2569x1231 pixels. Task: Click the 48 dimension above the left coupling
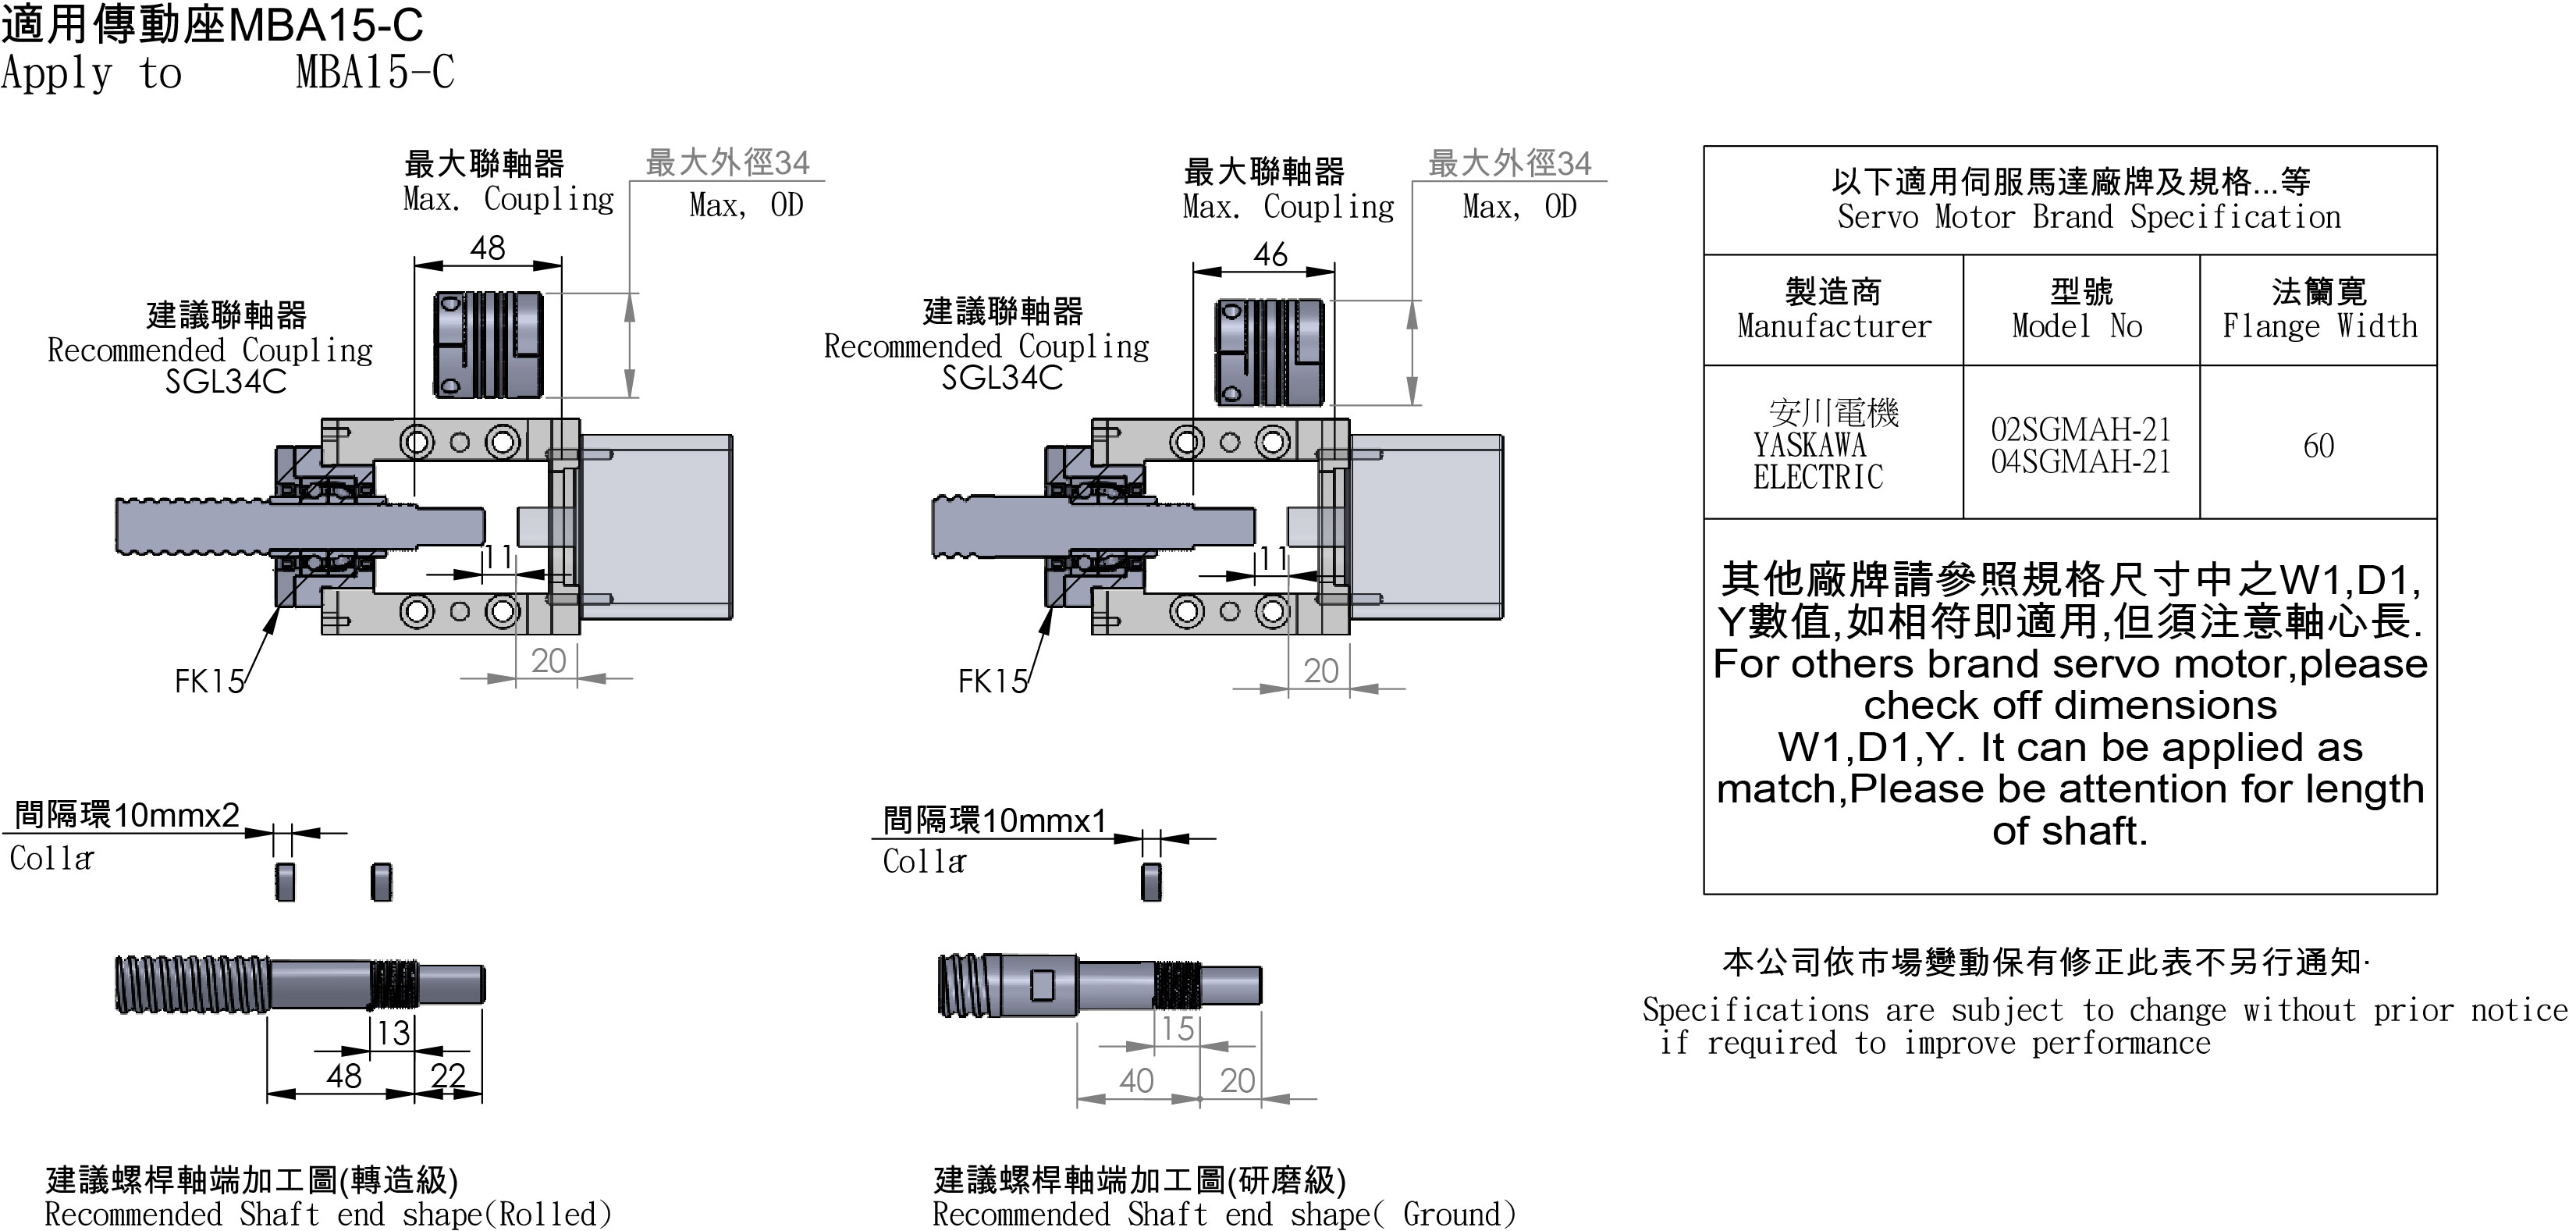488,247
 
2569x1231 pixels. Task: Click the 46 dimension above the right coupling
1270,254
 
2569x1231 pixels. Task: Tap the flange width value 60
2318,445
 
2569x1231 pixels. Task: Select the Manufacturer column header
1833,309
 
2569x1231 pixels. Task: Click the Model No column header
2080,309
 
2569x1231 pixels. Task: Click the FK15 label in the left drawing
208,681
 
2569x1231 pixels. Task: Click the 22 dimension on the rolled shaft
448,1076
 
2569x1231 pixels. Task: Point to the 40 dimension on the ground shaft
1136,1080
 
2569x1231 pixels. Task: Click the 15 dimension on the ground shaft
1178,1029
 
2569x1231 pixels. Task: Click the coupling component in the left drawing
488,344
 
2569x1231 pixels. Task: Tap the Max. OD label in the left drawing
745,205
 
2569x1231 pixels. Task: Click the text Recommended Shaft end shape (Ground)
1224,1214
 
